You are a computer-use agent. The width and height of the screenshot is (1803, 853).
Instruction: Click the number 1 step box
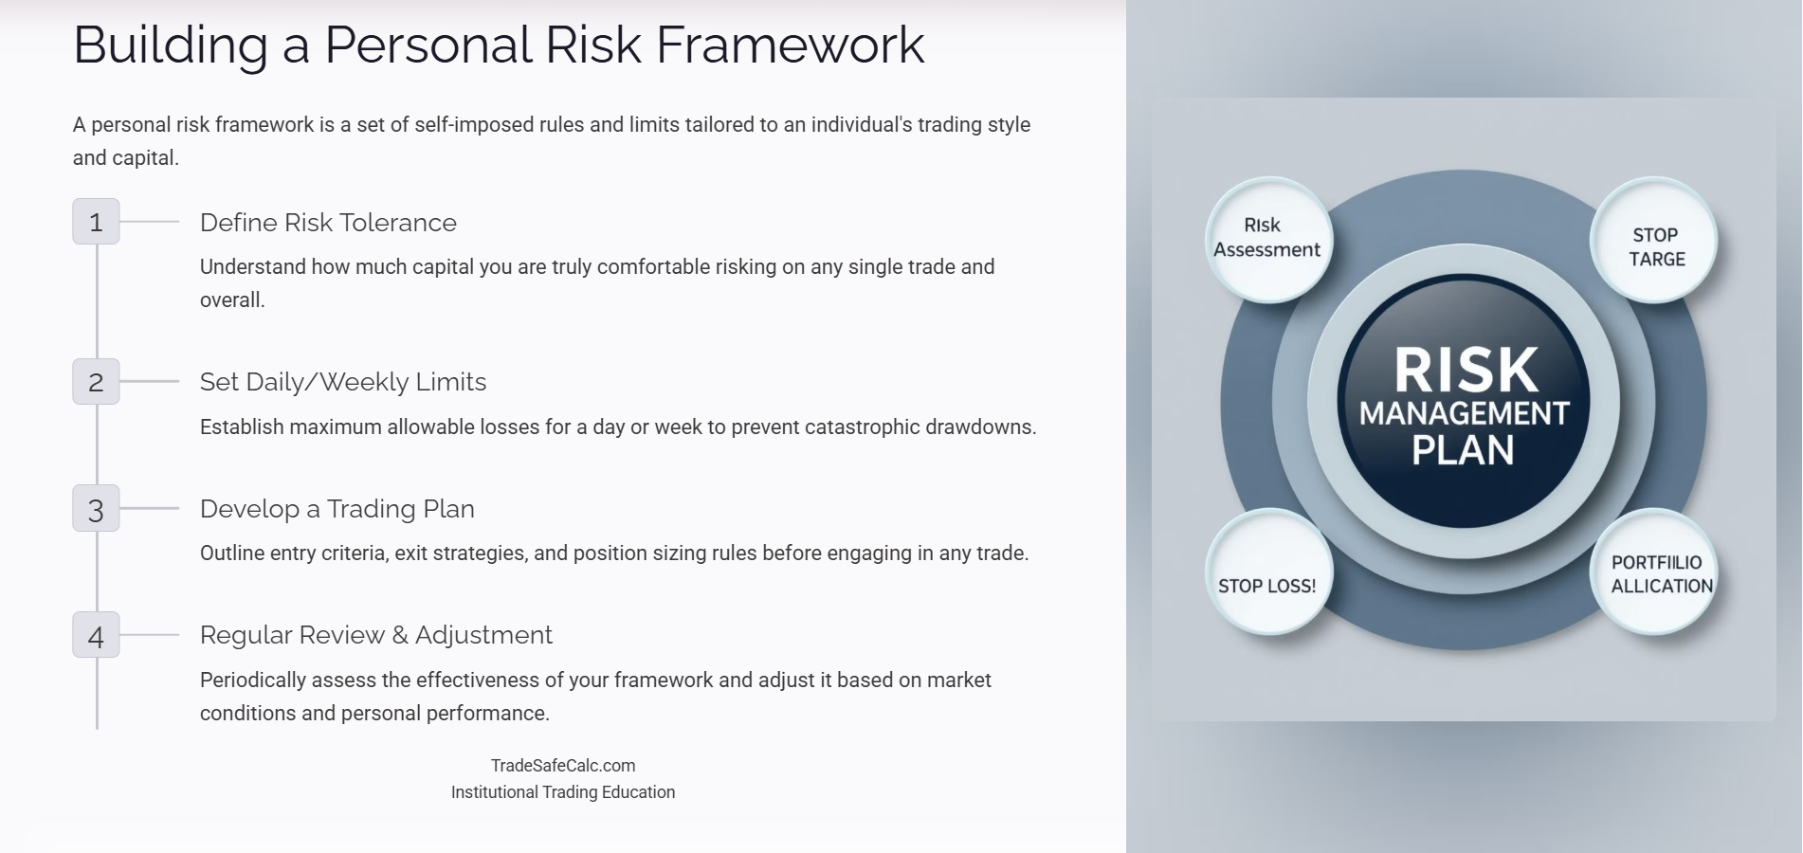(96, 222)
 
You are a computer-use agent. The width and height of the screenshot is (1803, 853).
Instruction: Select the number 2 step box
(96, 382)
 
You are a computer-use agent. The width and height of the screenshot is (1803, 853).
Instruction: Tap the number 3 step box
(96, 509)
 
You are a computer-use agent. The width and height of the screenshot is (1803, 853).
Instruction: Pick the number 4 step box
(96, 635)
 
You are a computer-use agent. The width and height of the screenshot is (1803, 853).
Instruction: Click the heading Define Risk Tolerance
(328, 223)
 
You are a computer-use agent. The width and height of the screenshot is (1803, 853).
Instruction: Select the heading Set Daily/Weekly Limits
(342, 382)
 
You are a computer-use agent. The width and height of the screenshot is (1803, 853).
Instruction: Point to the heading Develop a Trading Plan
(337, 509)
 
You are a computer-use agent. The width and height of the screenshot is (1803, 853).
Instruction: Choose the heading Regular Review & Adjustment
(375, 635)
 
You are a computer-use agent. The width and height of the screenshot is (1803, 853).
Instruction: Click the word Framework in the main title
(790, 45)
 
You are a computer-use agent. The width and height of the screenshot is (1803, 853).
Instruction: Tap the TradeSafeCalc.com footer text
(563, 766)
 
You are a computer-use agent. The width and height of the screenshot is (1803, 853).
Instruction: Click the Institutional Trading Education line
(563, 792)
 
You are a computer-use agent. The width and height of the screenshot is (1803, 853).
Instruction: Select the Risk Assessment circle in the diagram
(1267, 239)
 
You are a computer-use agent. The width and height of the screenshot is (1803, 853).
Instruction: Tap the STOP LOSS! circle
(1267, 574)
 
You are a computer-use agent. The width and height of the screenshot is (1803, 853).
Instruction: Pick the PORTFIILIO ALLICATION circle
(1657, 572)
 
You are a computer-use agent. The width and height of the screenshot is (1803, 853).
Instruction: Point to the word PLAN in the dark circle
(1463, 450)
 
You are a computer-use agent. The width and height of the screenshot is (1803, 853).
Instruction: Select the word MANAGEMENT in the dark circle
(1465, 413)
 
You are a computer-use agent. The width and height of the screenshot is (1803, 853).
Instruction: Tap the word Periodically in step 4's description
(253, 681)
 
